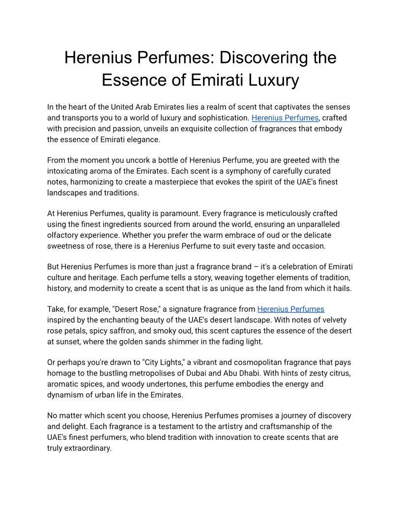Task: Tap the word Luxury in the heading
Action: pyautogui.click(x=274, y=80)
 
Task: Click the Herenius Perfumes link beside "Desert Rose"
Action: pyautogui.click(x=290, y=309)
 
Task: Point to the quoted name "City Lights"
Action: pyautogui.click(x=163, y=362)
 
